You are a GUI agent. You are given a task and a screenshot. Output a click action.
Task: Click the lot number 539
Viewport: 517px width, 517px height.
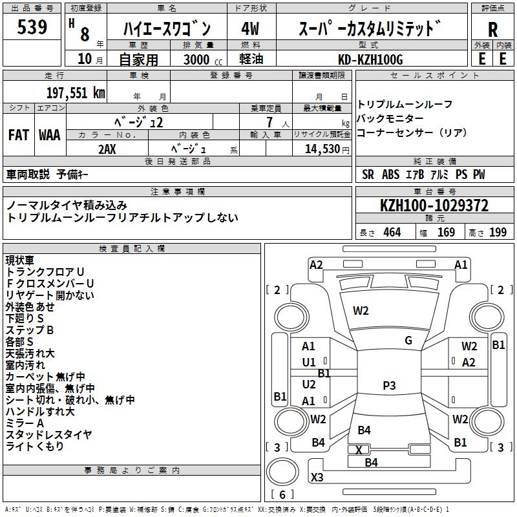point(32,28)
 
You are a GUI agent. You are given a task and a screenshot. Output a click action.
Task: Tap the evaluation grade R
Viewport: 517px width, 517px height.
point(493,30)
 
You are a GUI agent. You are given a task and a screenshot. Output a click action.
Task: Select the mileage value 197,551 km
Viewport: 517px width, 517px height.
point(75,92)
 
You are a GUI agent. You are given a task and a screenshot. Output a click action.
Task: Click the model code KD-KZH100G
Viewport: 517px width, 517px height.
point(371,59)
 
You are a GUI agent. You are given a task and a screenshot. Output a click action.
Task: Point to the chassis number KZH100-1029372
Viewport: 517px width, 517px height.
point(434,206)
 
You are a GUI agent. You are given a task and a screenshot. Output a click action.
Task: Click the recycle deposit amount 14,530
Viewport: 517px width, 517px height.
point(321,149)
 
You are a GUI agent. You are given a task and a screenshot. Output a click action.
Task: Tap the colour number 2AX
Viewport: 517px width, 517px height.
point(107,149)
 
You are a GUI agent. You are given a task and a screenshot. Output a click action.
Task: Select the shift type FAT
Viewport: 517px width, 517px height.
point(19,135)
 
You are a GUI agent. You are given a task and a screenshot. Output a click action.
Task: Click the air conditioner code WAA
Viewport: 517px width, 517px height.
point(50,135)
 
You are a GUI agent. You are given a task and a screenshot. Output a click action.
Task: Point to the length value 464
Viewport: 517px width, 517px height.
point(392,233)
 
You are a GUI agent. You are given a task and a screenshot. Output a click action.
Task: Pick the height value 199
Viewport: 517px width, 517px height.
point(498,233)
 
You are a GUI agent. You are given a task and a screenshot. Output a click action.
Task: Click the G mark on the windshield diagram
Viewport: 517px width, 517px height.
point(408,341)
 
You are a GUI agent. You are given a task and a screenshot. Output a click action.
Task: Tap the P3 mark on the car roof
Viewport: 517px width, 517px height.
point(389,386)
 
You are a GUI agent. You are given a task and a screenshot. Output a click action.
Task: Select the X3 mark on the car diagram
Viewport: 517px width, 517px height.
point(317,478)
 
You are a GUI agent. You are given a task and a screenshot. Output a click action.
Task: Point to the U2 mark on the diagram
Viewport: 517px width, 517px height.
point(309,384)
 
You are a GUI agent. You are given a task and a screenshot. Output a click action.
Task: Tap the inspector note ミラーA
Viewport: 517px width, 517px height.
point(25,423)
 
